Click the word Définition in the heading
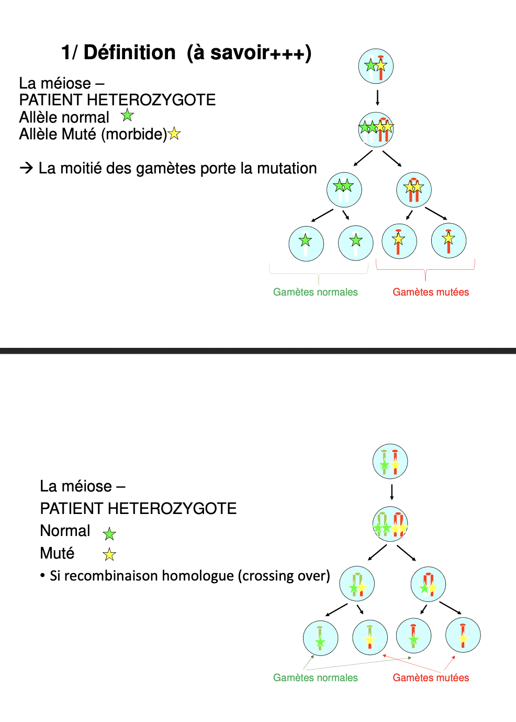(x=129, y=52)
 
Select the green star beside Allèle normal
(x=127, y=115)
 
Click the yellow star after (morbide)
(x=174, y=134)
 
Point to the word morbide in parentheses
(x=133, y=134)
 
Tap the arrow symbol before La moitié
(x=26, y=168)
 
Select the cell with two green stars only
(x=344, y=190)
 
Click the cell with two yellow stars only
(x=414, y=190)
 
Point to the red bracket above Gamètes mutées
(x=425, y=270)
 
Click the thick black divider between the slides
(x=258, y=351)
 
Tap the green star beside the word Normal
(x=109, y=534)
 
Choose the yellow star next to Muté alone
(x=109, y=554)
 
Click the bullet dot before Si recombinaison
(x=42, y=576)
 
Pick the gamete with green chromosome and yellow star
(x=369, y=637)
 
